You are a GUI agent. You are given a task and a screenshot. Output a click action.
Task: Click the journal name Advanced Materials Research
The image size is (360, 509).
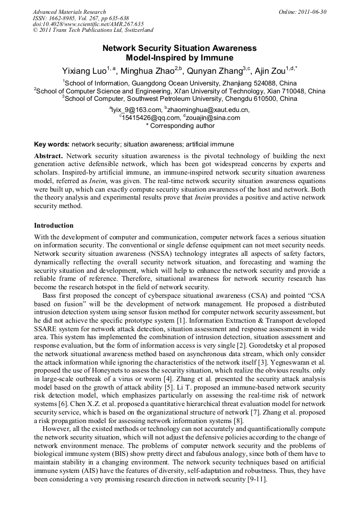coord(69,12)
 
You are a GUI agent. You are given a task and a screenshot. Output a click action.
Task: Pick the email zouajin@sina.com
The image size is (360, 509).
coord(213,118)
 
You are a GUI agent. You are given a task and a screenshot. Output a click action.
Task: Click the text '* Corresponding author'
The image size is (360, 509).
coord(180,126)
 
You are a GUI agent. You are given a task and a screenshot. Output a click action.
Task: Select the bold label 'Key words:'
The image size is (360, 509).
coord(52,144)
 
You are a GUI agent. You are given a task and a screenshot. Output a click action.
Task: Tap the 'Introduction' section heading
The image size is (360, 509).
coord(55,226)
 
